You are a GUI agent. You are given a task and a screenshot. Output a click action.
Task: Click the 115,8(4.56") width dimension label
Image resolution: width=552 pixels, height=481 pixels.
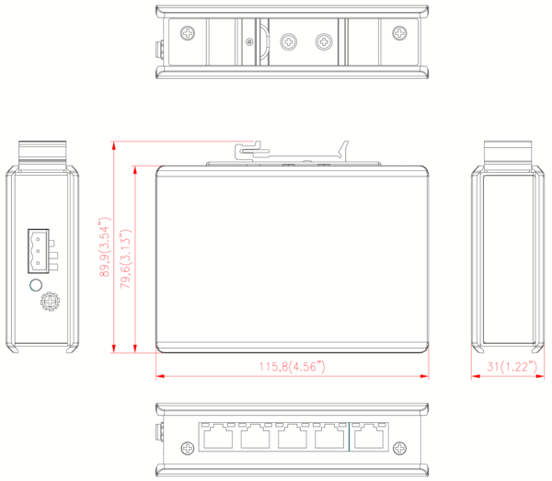293,367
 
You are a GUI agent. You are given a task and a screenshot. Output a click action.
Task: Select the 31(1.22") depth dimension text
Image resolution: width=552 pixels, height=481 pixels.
512,367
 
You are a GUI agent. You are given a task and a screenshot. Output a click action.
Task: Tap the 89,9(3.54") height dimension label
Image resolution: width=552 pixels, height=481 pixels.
105,247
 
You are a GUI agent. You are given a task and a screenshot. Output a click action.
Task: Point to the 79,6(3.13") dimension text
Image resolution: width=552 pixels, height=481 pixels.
126,258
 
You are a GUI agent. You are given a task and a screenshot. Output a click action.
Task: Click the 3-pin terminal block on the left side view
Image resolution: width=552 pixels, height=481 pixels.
39,251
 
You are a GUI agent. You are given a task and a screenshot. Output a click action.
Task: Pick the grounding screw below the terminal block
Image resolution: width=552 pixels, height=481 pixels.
51,302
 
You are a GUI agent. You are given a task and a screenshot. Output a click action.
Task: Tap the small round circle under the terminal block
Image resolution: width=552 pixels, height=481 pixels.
36,285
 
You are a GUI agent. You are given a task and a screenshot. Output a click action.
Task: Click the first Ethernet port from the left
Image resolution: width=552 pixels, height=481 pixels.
217,436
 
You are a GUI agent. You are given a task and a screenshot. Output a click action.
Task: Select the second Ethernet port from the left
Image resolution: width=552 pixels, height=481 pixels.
256,436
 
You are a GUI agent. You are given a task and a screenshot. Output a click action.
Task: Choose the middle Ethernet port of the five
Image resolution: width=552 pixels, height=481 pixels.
293,436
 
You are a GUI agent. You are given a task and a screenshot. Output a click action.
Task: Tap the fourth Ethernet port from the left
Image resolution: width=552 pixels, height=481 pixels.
330,436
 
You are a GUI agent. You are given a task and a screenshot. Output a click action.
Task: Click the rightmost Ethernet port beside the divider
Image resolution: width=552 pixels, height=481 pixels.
369,436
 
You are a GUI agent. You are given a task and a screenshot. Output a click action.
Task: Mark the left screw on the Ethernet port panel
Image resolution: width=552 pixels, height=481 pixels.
188,448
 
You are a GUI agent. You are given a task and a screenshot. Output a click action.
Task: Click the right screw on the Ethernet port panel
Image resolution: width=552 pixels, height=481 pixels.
399,448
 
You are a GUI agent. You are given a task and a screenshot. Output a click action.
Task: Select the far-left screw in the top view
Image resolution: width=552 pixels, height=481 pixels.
188,33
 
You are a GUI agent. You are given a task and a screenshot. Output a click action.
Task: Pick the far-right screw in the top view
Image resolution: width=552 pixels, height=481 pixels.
399,33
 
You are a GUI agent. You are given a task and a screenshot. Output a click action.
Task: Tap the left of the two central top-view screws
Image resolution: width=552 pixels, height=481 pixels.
289,42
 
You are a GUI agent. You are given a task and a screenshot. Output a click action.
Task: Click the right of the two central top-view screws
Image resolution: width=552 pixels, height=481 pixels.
324,42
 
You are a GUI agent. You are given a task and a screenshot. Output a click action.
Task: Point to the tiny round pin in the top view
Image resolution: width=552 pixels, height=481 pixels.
249,42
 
